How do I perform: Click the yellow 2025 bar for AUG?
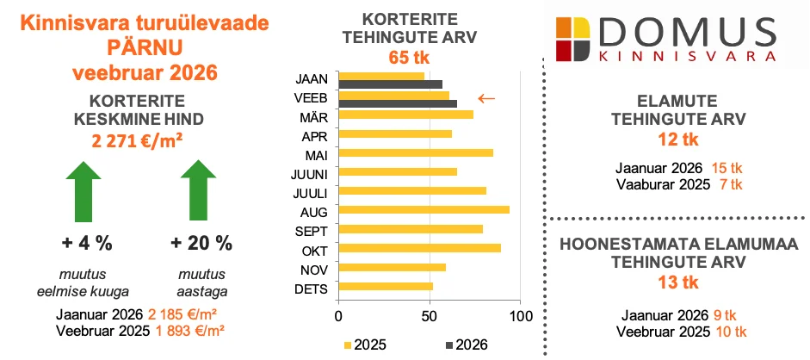coord(424,210)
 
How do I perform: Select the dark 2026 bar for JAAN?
coord(390,84)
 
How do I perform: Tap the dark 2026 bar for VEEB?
coord(398,103)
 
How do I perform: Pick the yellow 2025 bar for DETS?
coord(386,286)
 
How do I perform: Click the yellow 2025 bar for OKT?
coord(419,248)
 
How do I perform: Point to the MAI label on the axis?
coord(313,155)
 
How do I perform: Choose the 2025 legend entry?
coord(368,344)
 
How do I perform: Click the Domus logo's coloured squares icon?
coord(572,38)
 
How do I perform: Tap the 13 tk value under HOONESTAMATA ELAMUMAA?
coord(677,282)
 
